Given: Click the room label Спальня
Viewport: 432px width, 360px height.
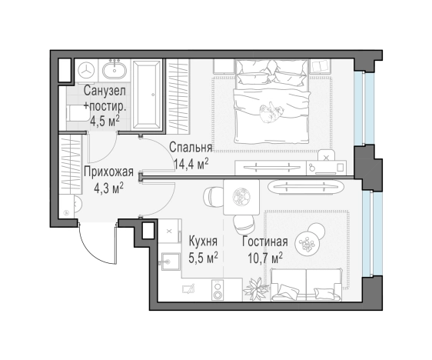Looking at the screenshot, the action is (x=191, y=147).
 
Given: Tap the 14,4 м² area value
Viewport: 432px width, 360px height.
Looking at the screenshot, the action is (x=191, y=164).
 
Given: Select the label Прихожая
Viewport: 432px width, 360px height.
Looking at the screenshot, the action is (x=109, y=172).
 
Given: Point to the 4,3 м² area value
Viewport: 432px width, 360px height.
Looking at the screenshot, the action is (x=108, y=188).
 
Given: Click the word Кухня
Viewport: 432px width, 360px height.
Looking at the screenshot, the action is (x=203, y=242).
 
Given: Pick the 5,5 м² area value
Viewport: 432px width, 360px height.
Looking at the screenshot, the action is (x=203, y=258).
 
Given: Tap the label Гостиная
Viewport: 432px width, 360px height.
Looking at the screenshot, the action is (x=265, y=242).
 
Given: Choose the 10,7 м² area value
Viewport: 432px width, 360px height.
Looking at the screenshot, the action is (x=265, y=258).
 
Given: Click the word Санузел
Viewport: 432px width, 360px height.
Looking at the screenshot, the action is (x=105, y=91).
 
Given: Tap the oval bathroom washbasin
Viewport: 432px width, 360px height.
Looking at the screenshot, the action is (x=115, y=70).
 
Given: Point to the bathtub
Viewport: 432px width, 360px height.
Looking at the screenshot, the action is (x=146, y=95).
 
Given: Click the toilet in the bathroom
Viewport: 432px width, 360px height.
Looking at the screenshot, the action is (x=72, y=114).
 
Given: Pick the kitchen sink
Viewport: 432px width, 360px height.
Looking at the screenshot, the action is (x=169, y=261).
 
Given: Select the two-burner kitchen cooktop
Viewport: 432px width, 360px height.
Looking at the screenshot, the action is (x=218, y=289).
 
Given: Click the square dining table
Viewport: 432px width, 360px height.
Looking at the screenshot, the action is (x=241, y=197).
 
